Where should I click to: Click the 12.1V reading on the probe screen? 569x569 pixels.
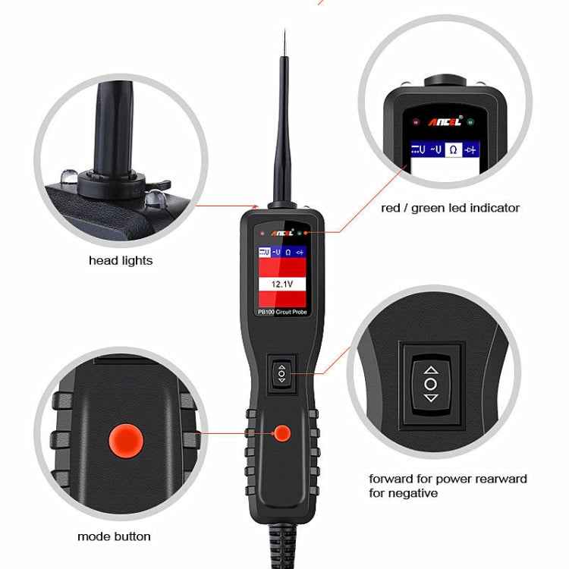[282, 284]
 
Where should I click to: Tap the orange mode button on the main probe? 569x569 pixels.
[282, 433]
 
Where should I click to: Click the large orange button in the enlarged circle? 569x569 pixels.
[126, 440]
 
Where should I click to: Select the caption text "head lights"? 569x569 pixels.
[121, 260]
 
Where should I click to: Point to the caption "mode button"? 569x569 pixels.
[114, 536]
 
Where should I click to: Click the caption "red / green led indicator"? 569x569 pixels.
[450, 207]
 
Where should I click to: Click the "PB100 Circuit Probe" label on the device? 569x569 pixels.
[282, 311]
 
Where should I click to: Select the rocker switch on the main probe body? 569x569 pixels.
[281, 373]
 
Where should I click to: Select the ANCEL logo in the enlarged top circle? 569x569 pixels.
[443, 121]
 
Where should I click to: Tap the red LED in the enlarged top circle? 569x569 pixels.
[415, 121]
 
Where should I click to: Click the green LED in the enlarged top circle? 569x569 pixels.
[471, 121]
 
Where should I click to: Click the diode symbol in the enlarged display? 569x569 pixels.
[471, 149]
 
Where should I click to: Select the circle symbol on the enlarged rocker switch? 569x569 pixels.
[430, 383]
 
